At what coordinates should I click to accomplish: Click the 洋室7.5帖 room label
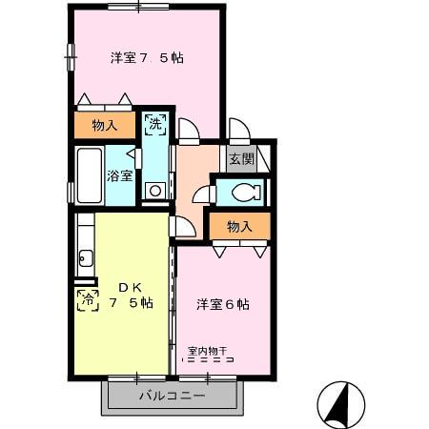point(146,58)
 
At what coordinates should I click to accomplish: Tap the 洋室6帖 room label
point(223,304)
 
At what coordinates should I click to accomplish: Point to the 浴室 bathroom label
point(119,175)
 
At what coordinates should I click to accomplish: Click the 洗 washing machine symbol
point(155,123)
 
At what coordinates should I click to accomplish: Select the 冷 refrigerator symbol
point(87,300)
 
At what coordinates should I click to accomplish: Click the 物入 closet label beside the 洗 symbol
point(105,125)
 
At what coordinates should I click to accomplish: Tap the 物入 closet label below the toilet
point(239,226)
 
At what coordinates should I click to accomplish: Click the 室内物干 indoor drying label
point(211,350)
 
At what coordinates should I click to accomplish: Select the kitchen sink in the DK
point(85,257)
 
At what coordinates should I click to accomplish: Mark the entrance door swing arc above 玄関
point(237,131)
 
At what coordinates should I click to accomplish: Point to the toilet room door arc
point(202,194)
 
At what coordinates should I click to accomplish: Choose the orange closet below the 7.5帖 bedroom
point(106,125)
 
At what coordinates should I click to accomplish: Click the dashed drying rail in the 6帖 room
point(210,361)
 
